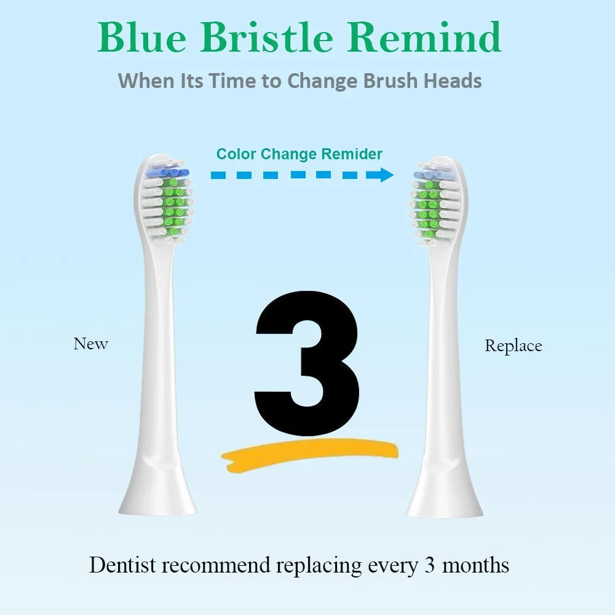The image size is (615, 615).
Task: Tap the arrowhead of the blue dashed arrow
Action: [x=386, y=175]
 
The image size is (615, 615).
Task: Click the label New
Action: [x=90, y=344]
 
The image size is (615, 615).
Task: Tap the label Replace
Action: [x=513, y=346]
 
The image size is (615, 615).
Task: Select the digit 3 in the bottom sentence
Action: [x=430, y=565]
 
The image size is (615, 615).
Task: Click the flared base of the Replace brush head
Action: [x=445, y=492]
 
